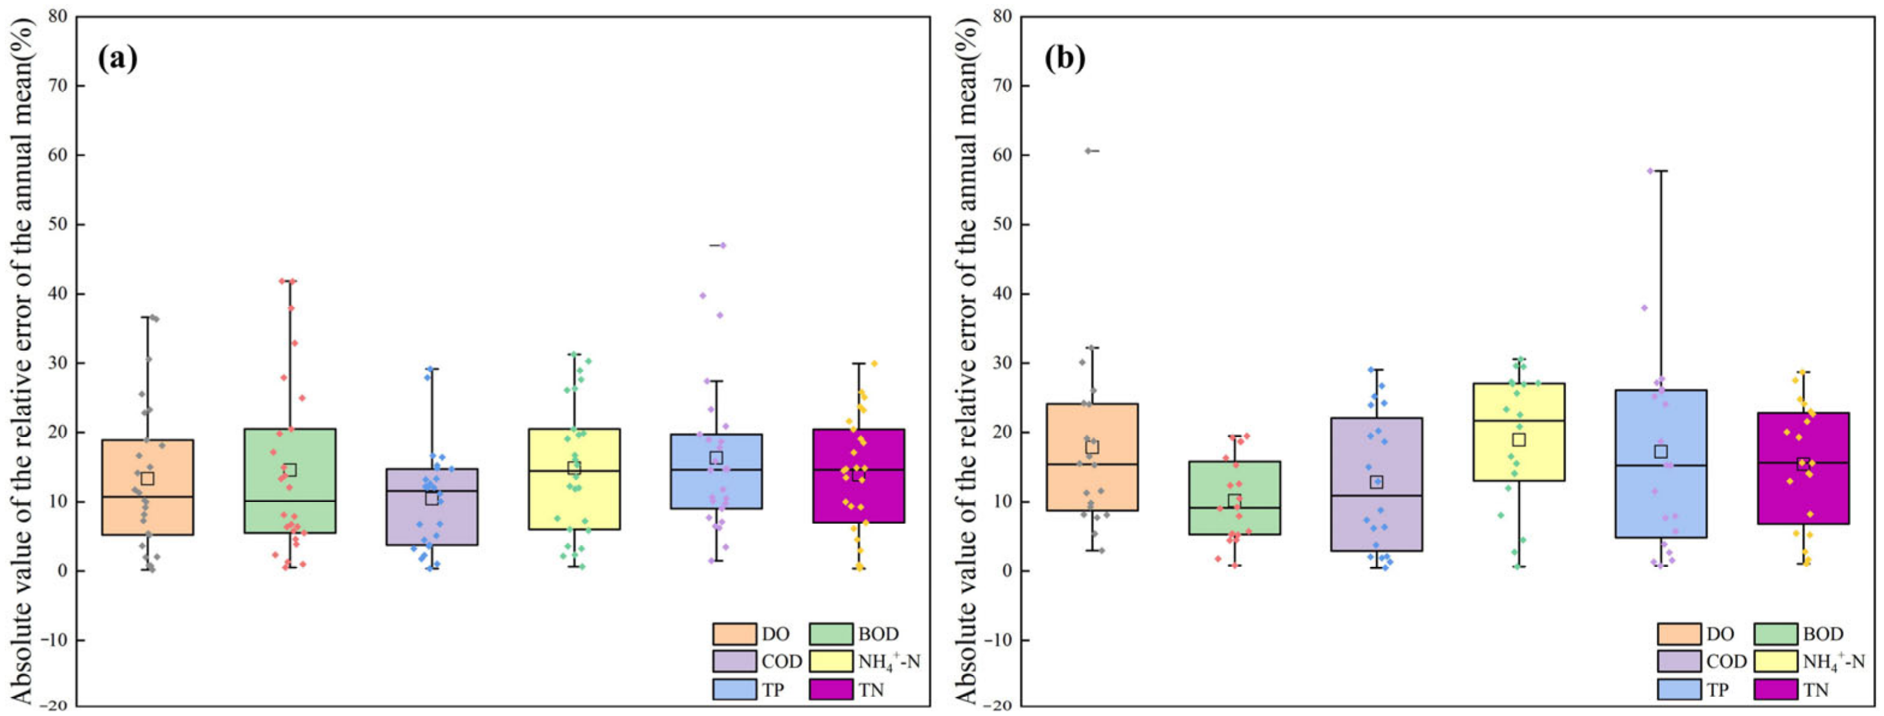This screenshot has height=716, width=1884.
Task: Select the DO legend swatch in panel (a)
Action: point(734,634)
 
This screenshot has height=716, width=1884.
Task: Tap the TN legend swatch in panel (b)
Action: point(1775,689)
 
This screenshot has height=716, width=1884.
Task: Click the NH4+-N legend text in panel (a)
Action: point(889,662)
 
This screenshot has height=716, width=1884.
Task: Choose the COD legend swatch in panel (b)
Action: point(1678,661)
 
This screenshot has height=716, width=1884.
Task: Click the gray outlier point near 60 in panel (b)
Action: point(1088,151)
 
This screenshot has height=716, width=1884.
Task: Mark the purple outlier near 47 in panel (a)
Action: point(722,245)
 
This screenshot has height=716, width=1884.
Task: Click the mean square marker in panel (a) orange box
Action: point(147,479)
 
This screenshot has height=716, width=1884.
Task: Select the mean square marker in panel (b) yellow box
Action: point(1518,439)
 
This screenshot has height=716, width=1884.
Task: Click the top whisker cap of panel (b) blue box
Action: point(1660,170)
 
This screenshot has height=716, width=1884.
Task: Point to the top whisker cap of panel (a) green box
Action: point(290,281)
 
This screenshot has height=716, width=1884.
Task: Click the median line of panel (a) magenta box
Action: point(859,470)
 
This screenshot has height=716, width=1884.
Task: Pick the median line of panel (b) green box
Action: point(1234,507)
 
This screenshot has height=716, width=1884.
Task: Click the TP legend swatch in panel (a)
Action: point(734,689)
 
